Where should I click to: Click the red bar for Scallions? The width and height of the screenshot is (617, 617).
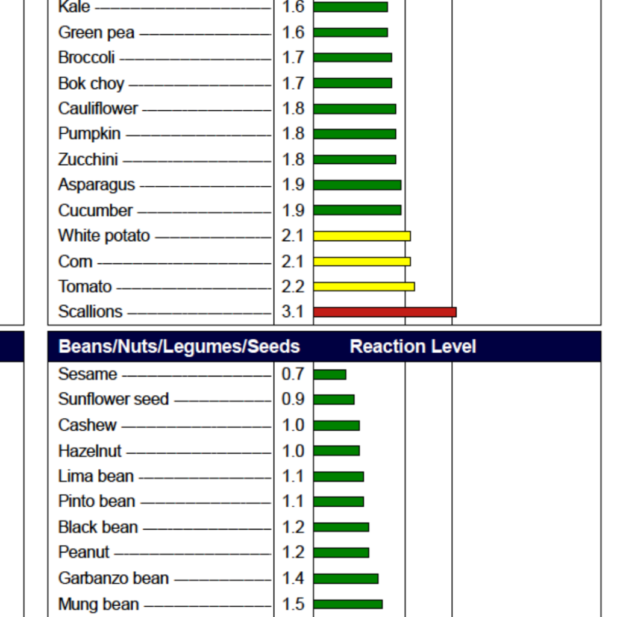[384, 312]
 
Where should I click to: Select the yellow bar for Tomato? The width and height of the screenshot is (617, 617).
[364, 287]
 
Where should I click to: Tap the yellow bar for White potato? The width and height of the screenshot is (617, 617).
[362, 236]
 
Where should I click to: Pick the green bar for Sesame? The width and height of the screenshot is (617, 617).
[330, 375]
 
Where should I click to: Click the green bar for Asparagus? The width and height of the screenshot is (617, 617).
[357, 185]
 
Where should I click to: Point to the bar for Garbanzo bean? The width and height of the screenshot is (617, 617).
[346, 578]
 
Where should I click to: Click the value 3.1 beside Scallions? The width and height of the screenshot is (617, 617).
[293, 312]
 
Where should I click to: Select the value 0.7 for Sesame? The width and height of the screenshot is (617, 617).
[293, 374]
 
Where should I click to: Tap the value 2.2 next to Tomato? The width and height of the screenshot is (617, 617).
[293, 287]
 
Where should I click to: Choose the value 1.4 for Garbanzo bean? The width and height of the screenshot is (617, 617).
[293, 578]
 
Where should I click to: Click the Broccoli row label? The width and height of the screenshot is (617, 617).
[87, 58]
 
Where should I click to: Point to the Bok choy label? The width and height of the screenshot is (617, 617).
[91, 83]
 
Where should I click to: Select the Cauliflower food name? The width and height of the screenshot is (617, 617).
[98, 108]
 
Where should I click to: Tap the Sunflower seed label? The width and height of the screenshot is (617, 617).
[113, 399]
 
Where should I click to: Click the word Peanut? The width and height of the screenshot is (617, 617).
[84, 553]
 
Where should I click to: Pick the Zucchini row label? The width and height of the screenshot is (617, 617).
[88, 160]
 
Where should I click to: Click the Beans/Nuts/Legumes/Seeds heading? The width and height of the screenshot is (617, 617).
[179, 346]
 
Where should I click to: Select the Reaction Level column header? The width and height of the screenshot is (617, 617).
[413, 346]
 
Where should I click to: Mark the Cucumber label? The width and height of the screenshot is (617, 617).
[95, 211]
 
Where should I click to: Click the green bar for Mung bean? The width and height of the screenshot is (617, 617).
[348, 604]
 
